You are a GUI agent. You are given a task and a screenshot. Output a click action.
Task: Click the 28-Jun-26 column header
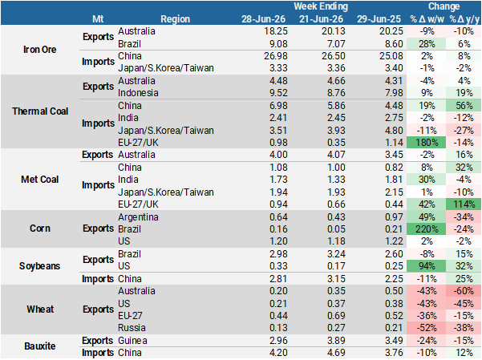(x=263, y=19)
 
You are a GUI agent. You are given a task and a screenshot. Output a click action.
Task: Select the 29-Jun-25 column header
(x=379, y=19)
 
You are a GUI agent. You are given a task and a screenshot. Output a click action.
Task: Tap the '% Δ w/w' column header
(x=427, y=19)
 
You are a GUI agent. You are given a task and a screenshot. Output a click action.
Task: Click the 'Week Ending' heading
(x=321, y=6)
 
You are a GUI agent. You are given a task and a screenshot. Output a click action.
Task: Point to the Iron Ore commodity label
(x=40, y=50)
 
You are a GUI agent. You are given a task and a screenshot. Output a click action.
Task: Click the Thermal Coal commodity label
(x=40, y=111)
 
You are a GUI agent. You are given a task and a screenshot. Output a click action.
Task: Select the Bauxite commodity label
(x=40, y=346)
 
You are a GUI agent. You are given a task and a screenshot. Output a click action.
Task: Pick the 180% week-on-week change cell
(x=427, y=143)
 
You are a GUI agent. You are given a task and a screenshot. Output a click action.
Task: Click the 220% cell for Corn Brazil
(x=427, y=229)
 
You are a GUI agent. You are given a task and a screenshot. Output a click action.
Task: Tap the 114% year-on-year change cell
(x=464, y=204)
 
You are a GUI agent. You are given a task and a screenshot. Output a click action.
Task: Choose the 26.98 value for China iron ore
(x=276, y=56)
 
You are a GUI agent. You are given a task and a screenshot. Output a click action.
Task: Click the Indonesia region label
(x=138, y=93)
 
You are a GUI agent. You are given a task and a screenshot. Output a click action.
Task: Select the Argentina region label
(x=138, y=217)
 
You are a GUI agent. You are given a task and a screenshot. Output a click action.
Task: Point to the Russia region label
(x=132, y=328)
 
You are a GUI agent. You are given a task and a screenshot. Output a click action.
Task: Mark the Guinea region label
(x=132, y=341)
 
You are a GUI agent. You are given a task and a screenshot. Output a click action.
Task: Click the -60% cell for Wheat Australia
(x=464, y=291)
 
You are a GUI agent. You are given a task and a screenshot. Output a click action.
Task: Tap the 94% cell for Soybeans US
(x=427, y=266)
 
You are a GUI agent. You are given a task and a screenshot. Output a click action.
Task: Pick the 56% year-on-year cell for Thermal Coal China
(x=464, y=106)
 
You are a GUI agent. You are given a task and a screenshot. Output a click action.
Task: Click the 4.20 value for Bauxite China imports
(x=278, y=353)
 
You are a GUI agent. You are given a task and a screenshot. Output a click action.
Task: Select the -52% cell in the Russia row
(x=427, y=328)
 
